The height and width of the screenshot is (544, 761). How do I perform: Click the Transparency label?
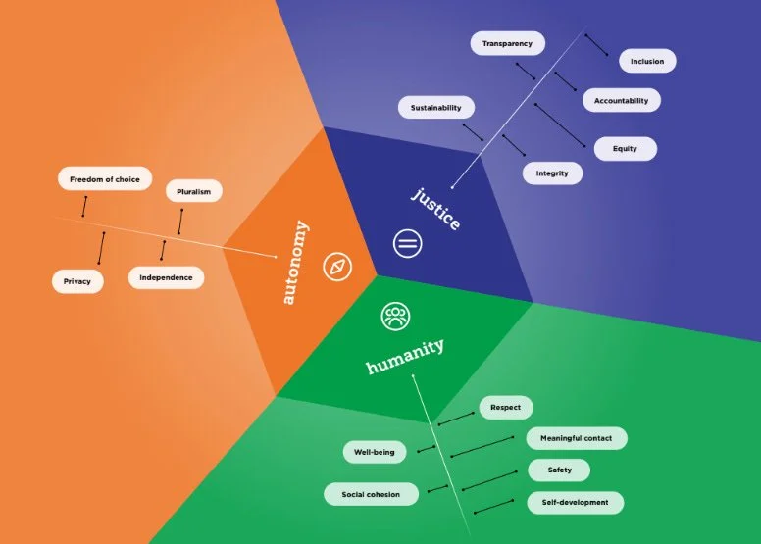point(507,43)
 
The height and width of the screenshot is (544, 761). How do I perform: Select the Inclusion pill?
point(647,61)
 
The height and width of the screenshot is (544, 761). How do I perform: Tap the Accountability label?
point(621,100)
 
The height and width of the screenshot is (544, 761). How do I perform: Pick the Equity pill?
point(625,149)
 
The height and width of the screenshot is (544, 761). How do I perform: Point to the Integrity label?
point(552,173)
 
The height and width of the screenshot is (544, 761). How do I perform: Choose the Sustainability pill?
point(435,108)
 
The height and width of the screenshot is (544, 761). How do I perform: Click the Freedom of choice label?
point(104,179)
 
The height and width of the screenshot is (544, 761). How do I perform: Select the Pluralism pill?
point(193,191)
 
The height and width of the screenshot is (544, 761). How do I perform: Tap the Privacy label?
point(77,281)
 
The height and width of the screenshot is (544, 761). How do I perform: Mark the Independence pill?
point(166,277)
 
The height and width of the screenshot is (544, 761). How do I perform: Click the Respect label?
point(506,407)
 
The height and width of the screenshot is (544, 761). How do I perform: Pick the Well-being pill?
point(374,452)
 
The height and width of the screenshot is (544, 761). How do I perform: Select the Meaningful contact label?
point(577,438)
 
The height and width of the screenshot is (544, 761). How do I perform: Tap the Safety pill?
point(559,470)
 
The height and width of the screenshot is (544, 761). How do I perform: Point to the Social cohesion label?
point(371,494)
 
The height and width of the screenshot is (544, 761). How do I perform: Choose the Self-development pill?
point(575,502)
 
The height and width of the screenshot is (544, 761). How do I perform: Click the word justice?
point(435,208)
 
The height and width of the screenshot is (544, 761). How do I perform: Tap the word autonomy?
point(294,262)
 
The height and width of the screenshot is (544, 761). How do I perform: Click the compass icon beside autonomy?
point(338,267)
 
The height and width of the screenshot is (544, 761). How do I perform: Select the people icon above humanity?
point(396,316)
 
